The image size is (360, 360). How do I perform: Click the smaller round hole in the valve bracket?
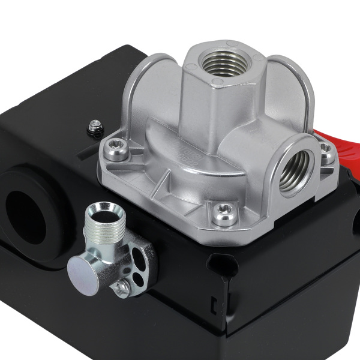140,278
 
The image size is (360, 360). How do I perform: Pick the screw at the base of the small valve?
121,289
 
